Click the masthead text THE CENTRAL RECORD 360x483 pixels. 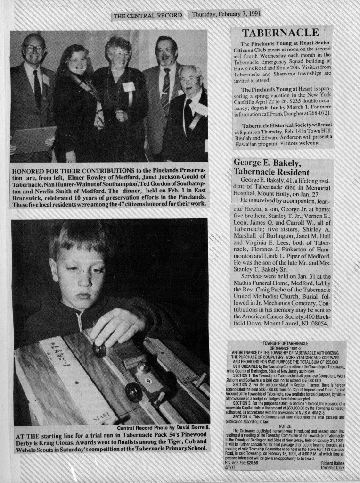[x=147, y=16]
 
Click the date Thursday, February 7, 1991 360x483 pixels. [x=226, y=14]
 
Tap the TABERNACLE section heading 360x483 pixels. [x=280, y=33]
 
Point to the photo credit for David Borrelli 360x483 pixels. [x=163, y=428]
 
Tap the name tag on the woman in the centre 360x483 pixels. [x=128, y=86]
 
